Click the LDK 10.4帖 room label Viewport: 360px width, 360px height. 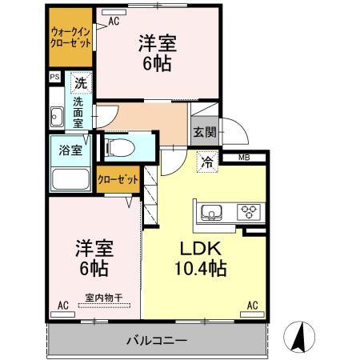(200, 258)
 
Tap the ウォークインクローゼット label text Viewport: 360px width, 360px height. (69, 38)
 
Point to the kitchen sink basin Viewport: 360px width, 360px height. (212, 212)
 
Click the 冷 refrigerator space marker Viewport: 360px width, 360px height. (207, 162)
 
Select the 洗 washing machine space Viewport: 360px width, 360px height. (80, 82)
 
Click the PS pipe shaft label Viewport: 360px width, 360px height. (54, 78)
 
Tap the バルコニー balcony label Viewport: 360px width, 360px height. (157, 341)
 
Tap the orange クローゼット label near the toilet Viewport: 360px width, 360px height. (118, 180)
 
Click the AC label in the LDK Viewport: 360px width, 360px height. (252, 305)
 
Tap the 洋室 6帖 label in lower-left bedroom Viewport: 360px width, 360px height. (93, 258)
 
